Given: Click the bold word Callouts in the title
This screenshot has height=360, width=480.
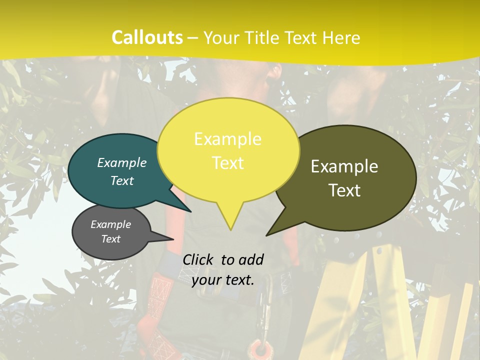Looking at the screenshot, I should click(x=147, y=37).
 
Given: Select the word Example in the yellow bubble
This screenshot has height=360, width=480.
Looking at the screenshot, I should click(x=227, y=139).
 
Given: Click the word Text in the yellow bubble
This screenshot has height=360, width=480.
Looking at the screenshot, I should click(x=227, y=163).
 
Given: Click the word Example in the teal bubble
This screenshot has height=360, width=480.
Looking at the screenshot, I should click(x=122, y=162).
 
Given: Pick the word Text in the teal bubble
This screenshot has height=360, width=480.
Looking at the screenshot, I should click(x=122, y=181).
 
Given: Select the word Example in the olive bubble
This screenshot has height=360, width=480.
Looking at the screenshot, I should click(x=344, y=166).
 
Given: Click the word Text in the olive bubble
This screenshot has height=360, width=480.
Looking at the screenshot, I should click(x=344, y=190).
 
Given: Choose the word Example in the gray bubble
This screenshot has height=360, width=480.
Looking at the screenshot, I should click(x=110, y=224).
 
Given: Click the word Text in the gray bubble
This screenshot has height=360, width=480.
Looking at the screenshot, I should click(x=110, y=239).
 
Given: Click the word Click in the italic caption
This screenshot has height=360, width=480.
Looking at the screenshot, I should click(x=199, y=259).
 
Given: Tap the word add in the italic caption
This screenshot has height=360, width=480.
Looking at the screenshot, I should click(x=251, y=259).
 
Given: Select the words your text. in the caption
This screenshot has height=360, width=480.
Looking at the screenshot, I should click(x=223, y=280).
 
